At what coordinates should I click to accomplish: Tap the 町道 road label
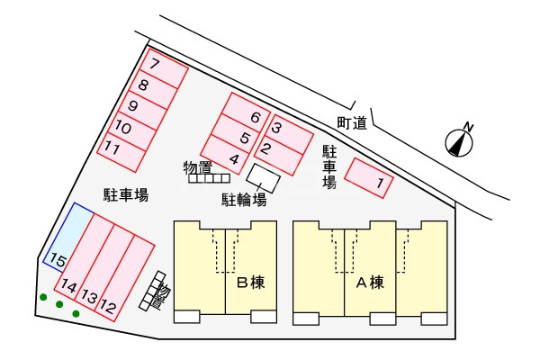[x=351, y=123]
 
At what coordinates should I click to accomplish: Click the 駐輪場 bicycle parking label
[x=244, y=200]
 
